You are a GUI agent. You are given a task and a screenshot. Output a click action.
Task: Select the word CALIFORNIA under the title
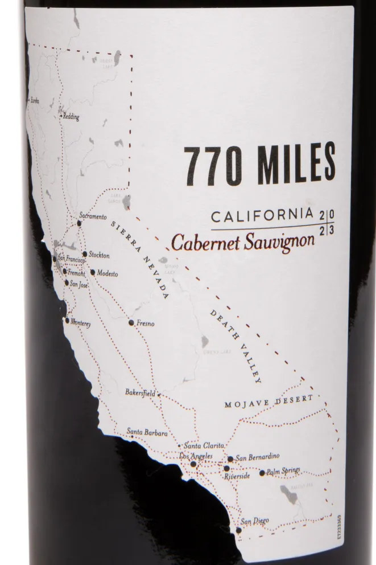coord(262,216)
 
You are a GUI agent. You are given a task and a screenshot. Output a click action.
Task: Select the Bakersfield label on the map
coord(140,393)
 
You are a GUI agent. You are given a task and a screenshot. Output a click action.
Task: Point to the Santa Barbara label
coord(147,433)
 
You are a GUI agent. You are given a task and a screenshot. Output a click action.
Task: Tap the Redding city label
coord(71,117)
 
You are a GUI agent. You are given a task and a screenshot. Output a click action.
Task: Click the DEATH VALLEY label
coord(235,346)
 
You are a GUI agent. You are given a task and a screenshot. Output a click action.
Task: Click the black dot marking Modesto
coord(92,272)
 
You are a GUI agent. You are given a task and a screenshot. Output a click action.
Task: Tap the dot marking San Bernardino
coord(230,458)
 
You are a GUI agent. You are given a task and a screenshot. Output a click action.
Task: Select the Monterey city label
coord(80,323)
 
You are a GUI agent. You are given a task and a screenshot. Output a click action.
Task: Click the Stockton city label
coord(100,255)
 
